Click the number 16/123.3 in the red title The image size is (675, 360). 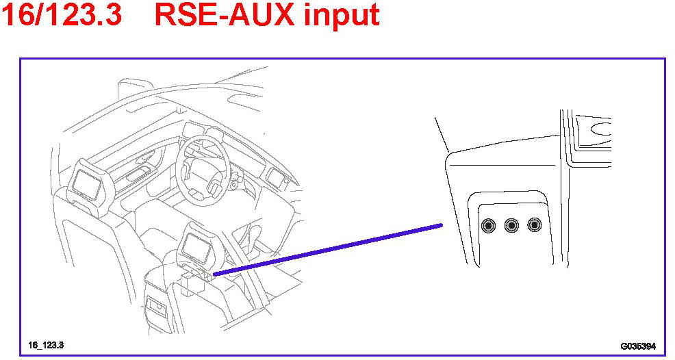(x=62, y=15)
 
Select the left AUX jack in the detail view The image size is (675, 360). (x=489, y=225)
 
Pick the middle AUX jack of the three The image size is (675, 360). (x=511, y=225)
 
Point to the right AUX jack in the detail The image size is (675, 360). (x=534, y=225)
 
